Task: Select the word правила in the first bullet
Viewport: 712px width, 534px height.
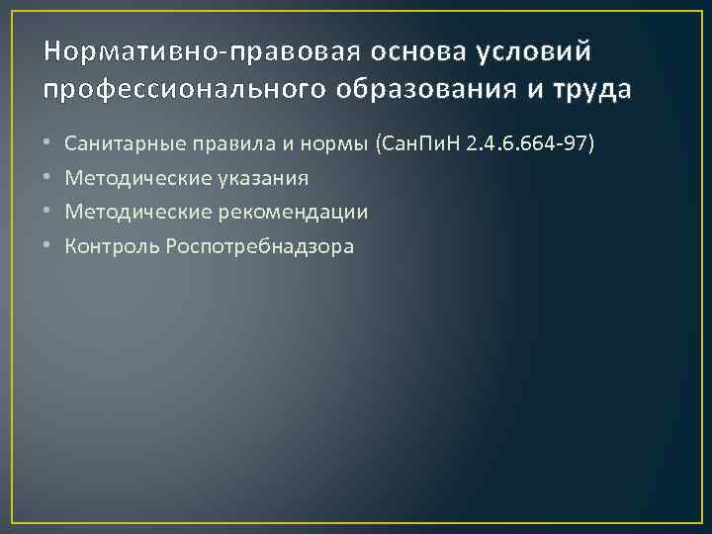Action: [x=216, y=144]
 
